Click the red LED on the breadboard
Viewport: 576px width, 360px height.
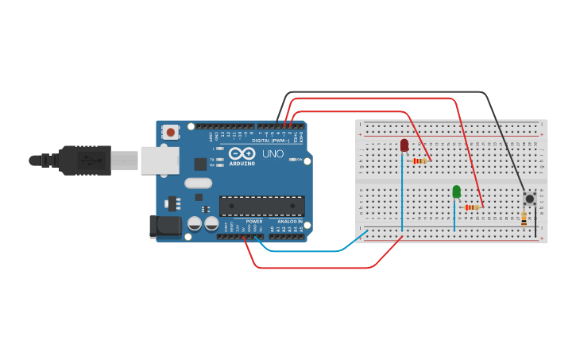404,145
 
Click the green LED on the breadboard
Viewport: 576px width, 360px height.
456,192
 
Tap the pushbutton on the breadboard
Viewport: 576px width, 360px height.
529,198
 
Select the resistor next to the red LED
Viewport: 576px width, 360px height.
419,161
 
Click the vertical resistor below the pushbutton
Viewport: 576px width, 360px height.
524,218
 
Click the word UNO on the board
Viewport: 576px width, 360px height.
273,153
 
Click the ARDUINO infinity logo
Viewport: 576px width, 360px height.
241,153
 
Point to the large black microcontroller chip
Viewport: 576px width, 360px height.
261,206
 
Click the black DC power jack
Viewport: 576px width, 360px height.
164,226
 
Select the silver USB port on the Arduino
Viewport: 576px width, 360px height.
160,160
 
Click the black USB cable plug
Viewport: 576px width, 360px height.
87,160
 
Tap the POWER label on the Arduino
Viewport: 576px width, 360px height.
254,221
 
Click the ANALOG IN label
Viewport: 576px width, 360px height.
289,221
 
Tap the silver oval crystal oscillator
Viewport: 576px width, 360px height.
199,184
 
